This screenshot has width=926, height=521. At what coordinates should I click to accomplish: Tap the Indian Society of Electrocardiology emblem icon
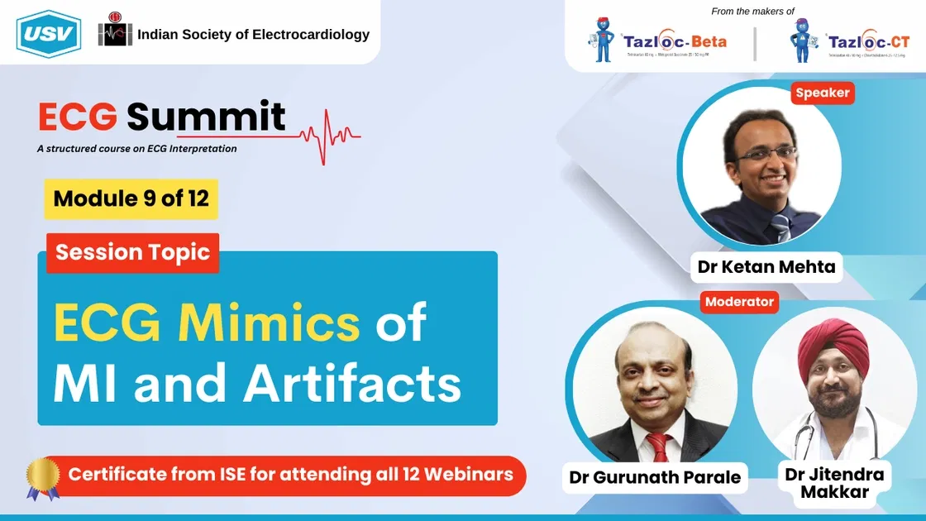coord(115,33)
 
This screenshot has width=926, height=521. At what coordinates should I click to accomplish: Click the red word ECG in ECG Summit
coord(78,117)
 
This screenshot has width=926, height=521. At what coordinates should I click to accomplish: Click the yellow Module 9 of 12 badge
coord(131,198)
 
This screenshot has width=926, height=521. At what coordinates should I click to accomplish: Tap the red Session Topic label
coord(133,252)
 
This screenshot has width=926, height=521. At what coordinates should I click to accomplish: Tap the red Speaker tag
coord(822,93)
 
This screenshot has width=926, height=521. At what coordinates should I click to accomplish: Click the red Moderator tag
coord(739,302)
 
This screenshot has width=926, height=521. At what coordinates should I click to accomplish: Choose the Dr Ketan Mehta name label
coord(766,267)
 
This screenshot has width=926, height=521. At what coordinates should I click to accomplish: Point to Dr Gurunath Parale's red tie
coord(657,447)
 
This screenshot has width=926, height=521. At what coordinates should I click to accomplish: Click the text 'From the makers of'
coord(752,11)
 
